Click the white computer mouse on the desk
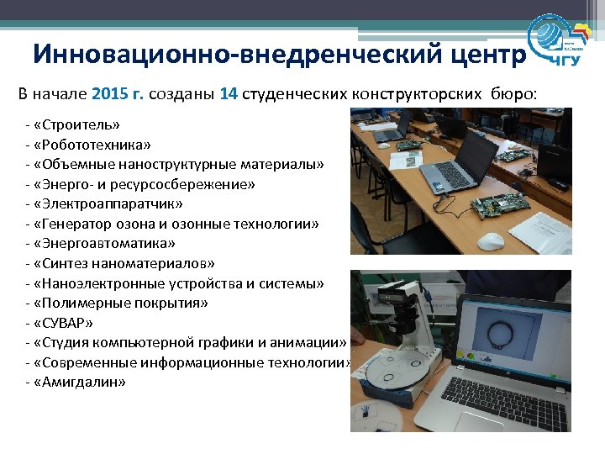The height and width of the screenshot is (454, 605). pyautogui.click(x=491, y=241)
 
